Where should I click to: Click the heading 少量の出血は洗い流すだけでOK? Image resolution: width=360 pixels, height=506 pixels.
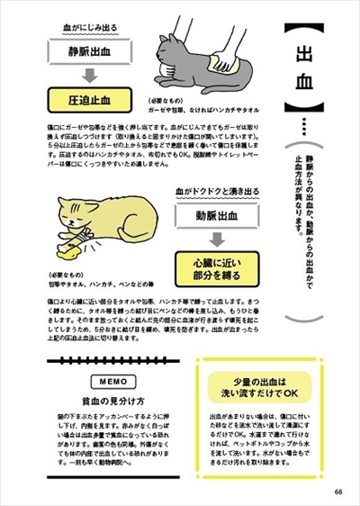[258, 387]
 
